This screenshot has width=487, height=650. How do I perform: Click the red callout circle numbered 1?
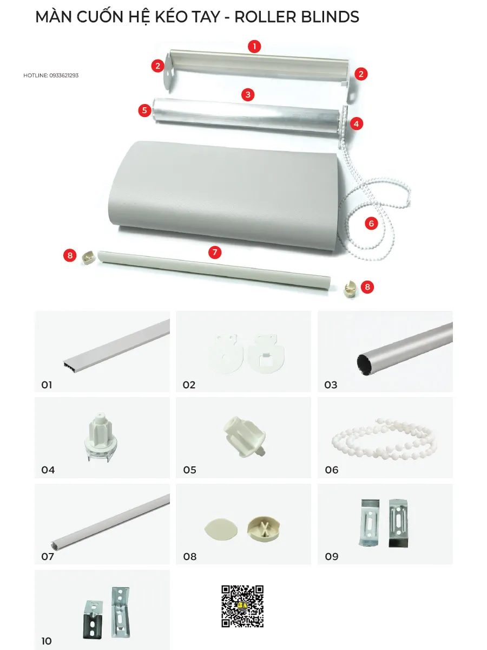coord(254,47)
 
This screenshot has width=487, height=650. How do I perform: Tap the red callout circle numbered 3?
coord(248,94)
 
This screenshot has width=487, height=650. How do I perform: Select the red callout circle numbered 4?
coord(356,124)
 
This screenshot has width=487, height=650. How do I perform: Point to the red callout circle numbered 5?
coord(144,110)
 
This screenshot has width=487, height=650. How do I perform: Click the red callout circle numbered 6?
coord(371,223)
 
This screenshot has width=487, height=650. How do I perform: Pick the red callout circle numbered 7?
coord(215,252)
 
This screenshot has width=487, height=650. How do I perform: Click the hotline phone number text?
coord(64,75)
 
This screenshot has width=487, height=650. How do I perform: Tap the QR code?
coord(242,606)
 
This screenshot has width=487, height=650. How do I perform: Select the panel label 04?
coord(48,470)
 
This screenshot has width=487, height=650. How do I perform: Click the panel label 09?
coord(332,556)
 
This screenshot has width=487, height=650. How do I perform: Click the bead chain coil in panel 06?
coord(384,439)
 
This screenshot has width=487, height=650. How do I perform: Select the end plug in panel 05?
coord(244,437)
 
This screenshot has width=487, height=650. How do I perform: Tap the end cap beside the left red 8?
coord(88,258)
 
